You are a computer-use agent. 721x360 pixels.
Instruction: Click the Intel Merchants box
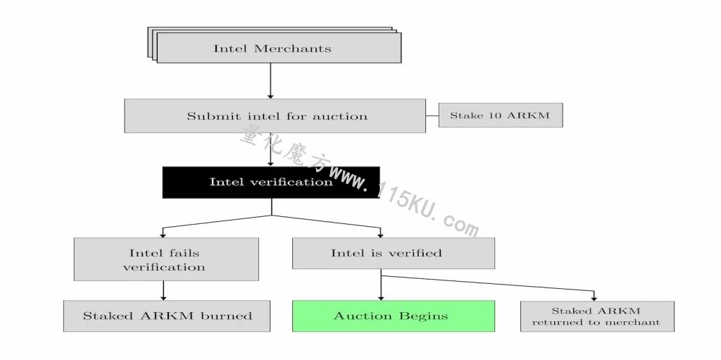coord(279,48)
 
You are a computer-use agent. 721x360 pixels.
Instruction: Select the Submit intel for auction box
coord(275,116)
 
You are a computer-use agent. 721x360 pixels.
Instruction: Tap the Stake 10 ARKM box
coord(501,115)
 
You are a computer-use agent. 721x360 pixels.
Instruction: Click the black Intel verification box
coord(271,182)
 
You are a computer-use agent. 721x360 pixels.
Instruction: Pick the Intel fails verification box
coord(166,259)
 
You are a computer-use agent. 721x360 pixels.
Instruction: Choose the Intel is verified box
coord(394,253)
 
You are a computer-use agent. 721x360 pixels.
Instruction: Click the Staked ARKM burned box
coord(166,316)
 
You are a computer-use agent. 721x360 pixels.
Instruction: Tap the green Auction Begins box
coord(394,316)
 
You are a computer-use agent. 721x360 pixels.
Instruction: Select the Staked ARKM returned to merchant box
coord(597,316)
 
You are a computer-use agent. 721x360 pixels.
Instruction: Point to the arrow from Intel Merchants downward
coord(270,81)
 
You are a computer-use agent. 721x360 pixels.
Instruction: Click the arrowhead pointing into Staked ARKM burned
coord(163,297)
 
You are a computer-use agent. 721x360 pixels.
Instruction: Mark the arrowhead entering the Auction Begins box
coord(381,297)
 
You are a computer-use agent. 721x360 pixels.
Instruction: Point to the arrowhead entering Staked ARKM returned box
coord(594,298)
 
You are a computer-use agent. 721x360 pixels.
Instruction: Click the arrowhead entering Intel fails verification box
coord(163,235)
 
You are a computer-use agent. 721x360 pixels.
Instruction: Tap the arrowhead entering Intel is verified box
coord(380,235)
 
